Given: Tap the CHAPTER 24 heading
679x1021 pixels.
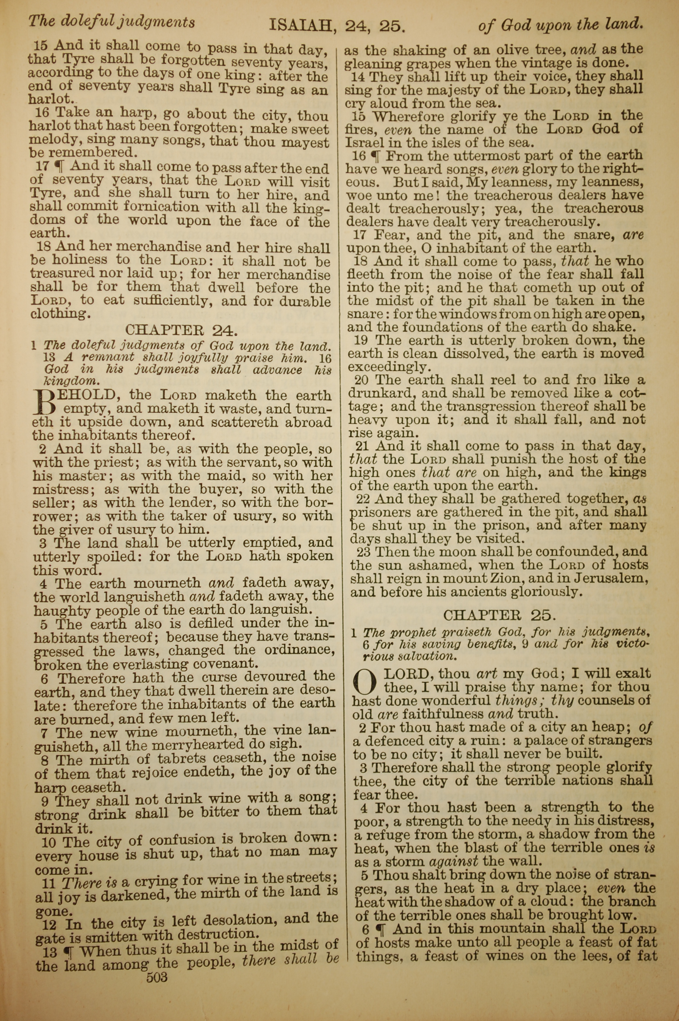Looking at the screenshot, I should [181, 330].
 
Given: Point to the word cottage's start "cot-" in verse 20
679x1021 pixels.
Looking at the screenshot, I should [630, 393].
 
